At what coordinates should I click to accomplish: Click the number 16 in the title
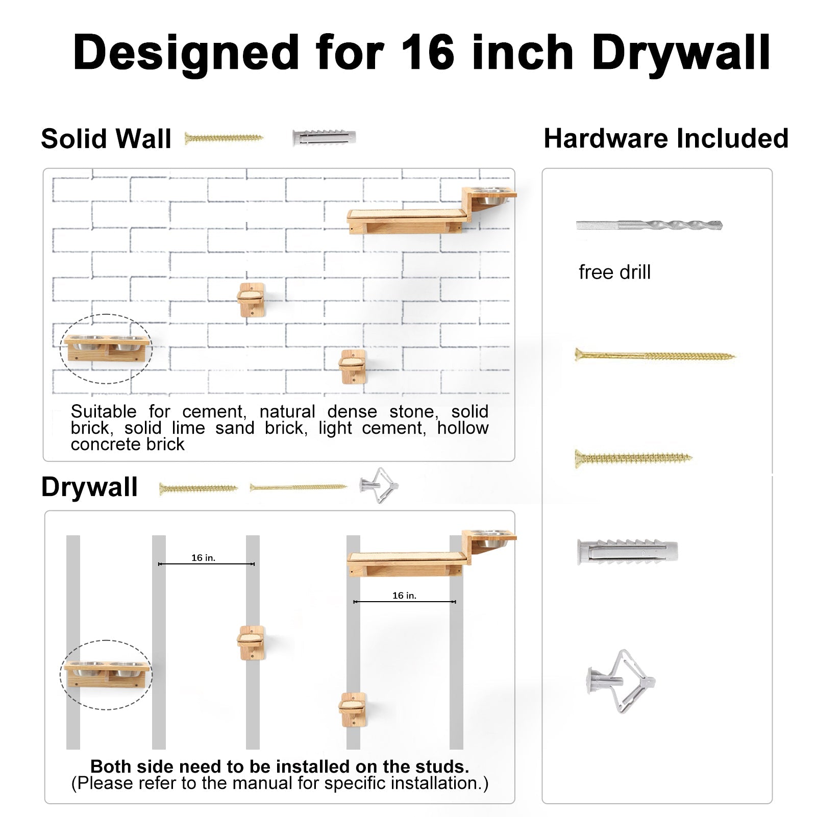428,53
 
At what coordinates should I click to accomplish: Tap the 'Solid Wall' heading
106,139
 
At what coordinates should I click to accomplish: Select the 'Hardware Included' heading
666,138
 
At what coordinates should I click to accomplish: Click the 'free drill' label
614,272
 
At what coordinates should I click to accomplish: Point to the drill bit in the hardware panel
649,225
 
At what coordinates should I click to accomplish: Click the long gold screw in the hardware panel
655,355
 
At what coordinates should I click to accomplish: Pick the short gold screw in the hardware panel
633,458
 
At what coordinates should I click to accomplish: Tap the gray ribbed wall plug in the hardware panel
628,552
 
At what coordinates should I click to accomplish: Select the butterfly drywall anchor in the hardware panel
621,681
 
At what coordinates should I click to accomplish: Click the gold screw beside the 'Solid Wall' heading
224,138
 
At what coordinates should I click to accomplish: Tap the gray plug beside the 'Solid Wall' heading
324,138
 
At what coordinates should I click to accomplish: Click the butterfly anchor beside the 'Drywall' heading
379,485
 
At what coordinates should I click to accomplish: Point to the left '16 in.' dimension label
204,558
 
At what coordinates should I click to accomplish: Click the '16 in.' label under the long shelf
404,596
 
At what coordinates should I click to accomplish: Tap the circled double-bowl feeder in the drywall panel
107,675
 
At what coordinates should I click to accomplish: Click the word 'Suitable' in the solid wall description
104,411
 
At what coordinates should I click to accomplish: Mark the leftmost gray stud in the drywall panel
73,642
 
